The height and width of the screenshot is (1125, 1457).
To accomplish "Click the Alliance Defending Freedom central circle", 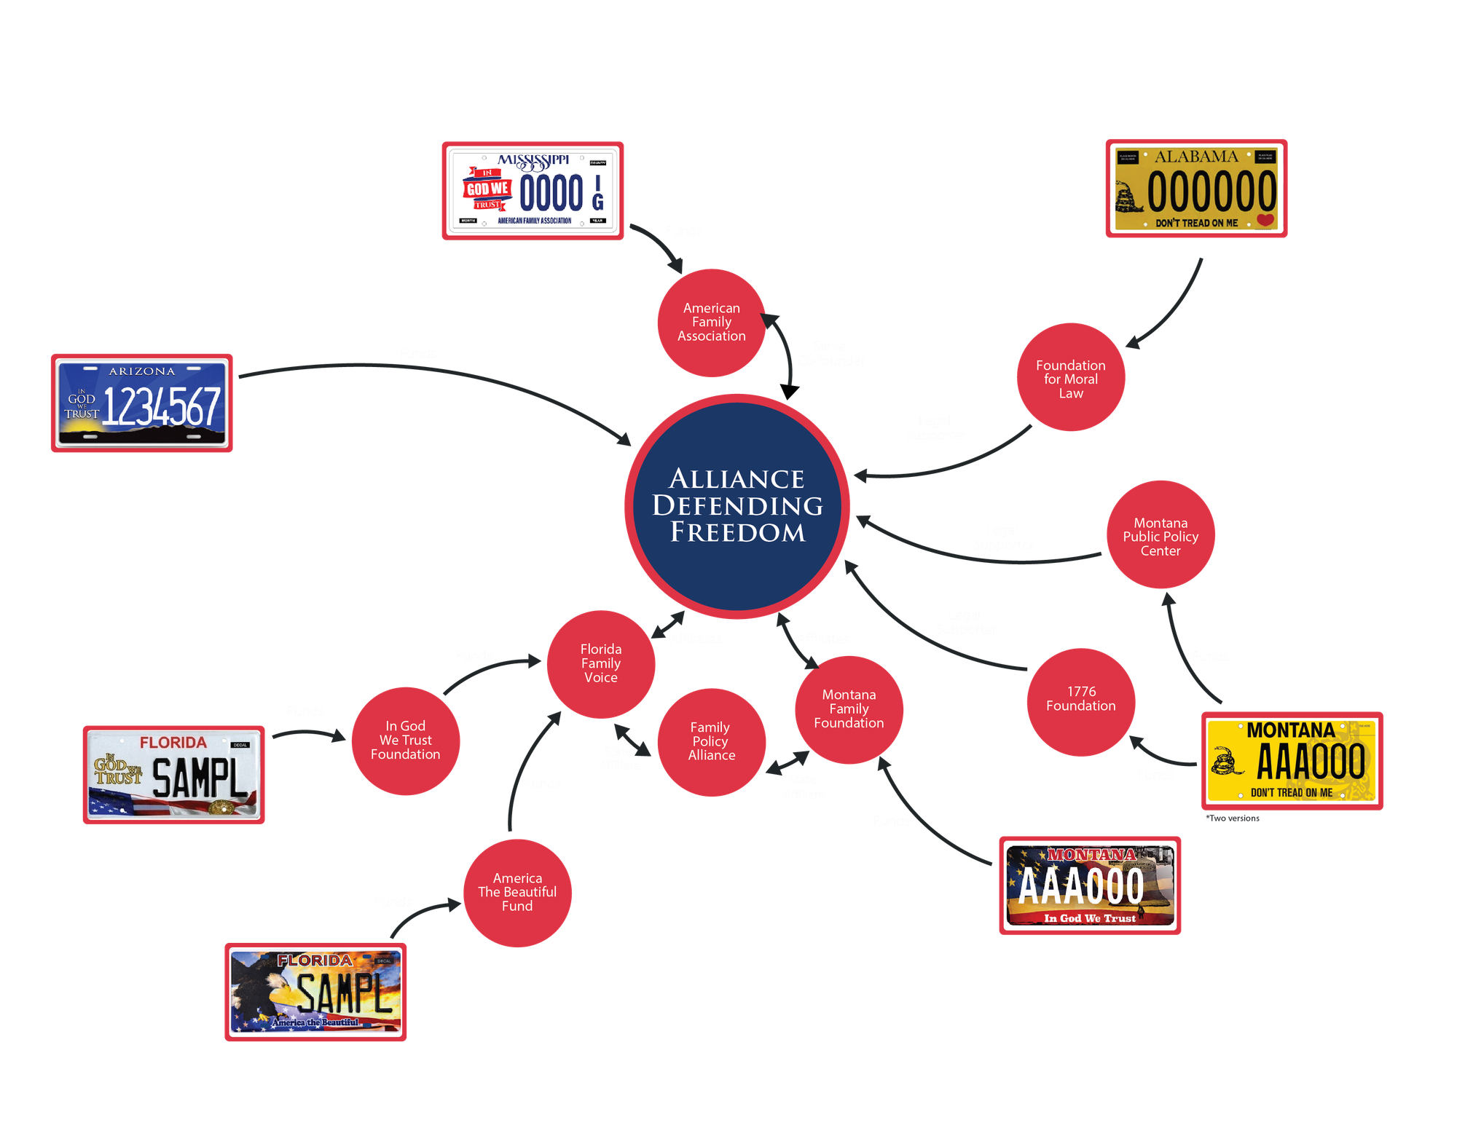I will coord(737,506).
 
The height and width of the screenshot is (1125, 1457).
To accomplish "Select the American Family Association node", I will coord(711,323).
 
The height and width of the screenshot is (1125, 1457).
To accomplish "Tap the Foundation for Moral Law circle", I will coord(1070,378).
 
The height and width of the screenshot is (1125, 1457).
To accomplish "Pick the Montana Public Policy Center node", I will coord(1161,536).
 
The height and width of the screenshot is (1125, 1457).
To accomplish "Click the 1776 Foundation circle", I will coord(1081,700).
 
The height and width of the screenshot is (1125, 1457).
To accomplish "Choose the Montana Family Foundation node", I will coord(849,709).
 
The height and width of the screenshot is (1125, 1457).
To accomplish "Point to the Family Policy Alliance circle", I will coord(711,742).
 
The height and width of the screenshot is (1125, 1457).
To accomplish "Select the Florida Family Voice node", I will coord(601,663).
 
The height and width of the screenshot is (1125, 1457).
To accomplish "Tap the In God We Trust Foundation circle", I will coord(406,741).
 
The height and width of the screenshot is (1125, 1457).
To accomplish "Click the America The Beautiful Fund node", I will coord(517,893).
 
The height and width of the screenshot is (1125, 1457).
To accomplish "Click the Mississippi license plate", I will coord(533,191).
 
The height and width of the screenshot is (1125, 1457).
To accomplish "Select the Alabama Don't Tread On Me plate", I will coord(1196,188).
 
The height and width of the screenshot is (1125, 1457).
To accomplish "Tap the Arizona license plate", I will coord(142,403).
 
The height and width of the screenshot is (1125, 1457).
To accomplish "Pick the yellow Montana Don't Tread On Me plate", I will coord(1292,761).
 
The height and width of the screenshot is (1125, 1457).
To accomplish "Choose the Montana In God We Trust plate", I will coord(1090,885).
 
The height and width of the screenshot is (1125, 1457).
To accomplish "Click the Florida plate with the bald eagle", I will coord(315,992).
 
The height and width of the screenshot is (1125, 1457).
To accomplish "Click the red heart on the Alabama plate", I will coord(1265,220).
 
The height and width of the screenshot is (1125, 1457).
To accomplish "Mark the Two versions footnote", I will coord(1233,818).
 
